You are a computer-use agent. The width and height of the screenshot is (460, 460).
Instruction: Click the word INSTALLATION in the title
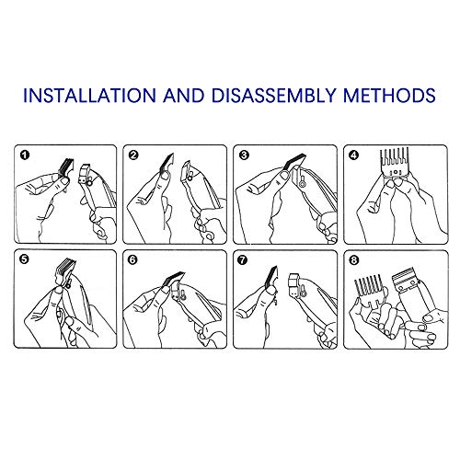89,95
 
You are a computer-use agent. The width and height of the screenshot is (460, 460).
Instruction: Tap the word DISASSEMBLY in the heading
273,95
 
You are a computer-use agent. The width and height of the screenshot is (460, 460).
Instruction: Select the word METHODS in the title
389,95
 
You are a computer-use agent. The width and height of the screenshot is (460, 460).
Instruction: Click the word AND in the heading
184,95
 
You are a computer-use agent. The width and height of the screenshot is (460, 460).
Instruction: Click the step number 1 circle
25,155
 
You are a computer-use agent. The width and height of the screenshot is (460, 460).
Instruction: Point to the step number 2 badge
133,155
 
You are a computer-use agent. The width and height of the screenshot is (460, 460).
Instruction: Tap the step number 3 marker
244,155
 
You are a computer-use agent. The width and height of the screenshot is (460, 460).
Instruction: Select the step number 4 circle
354,155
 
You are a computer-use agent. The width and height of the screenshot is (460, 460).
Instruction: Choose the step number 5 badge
24,259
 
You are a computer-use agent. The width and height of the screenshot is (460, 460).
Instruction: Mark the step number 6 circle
132,260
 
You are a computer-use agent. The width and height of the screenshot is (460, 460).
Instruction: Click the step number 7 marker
242,260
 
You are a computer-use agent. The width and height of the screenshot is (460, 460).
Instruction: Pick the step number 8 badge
353,260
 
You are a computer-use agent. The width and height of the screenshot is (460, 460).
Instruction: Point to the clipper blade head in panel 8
405,280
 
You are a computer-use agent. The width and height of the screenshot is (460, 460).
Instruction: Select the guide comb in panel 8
369,291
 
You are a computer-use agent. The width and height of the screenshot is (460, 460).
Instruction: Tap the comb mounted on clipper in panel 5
65,270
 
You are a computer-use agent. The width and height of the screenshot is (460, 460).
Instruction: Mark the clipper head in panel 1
86,174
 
